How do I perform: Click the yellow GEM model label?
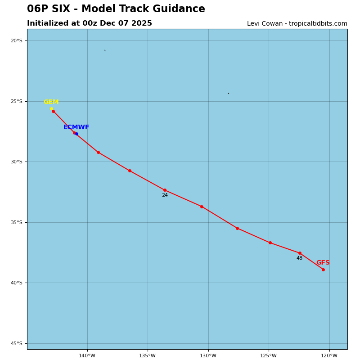tap(51, 102)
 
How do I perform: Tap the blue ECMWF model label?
tap(76, 127)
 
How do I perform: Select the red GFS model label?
tap(323, 263)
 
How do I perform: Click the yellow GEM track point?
tap(51, 108)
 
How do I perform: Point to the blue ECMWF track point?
tap(76, 134)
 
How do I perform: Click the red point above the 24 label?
tap(165, 190)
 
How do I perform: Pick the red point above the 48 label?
tap(300, 253)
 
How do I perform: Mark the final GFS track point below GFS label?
tap(323, 270)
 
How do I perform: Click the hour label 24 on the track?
tap(165, 195)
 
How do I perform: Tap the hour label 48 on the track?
tap(299, 258)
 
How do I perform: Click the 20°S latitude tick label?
tap(17, 41)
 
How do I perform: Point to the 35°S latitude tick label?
tap(17, 222)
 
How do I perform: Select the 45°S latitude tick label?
tap(17, 343)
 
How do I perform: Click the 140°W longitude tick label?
tap(87, 356)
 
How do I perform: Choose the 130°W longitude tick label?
tap(208, 356)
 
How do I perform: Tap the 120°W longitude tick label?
tap(329, 356)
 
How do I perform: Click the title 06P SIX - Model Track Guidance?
tap(116, 9)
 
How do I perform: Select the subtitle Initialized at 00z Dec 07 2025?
tap(90, 23)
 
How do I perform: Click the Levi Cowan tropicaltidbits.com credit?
tap(297, 24)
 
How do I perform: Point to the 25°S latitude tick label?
tap(17, 101)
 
